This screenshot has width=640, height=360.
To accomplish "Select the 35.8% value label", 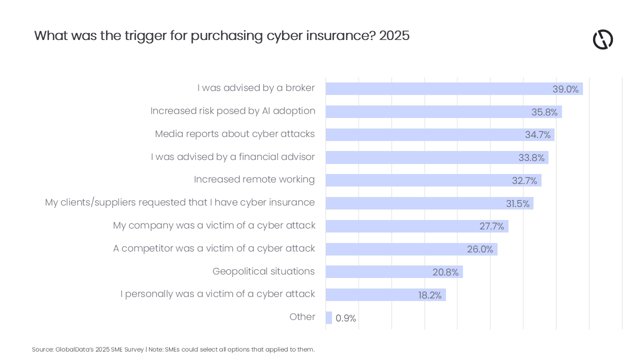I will (x=544, y=112).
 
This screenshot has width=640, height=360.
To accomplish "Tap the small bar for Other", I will (x=328, y=318).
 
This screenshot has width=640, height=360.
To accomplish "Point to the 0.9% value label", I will (x=345, y=318).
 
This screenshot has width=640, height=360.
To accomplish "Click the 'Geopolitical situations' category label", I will (x=263, y=271).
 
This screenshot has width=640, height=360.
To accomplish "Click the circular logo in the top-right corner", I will (x=602, y=39).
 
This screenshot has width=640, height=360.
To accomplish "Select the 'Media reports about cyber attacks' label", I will (x=234, y=134).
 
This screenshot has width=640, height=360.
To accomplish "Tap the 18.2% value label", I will (x=429, y=295).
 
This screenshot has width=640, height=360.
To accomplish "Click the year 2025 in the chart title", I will (x=394, y=36).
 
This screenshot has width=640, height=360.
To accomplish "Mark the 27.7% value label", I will (x=491, y=226).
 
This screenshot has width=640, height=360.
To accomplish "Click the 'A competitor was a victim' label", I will (x=214, y=248).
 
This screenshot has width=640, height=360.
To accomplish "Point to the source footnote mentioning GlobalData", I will (x=173, y=349).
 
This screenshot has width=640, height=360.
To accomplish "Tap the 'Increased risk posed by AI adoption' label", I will (x=232, y=111).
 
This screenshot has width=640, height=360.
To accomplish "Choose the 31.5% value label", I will (x=517, y=204).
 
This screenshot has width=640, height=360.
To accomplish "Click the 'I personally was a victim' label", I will (x=217, y=294).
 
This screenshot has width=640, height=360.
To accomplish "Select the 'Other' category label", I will (x=302, y=317).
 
